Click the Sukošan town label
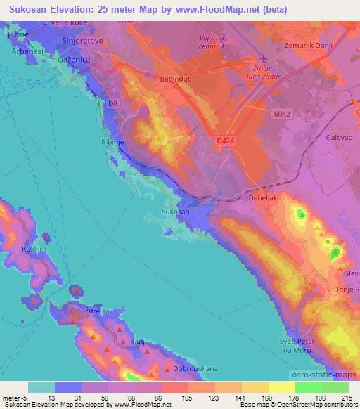click(176, 211)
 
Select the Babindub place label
click(175, 79)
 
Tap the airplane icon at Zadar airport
click(264, 58)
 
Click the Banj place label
click(137, 342)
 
